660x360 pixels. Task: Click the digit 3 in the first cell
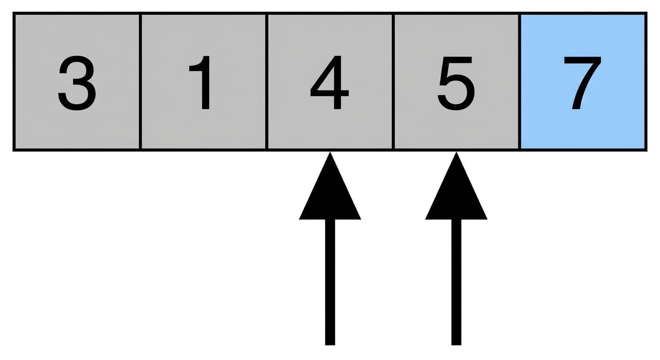point(77,83)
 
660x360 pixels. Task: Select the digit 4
point(330,82)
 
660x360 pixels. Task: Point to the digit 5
point(456,83)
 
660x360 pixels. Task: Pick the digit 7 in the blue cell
point(582,83)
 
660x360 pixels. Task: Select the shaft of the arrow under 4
point(330,282)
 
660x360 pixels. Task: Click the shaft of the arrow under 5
point(456,282)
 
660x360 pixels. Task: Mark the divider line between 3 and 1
point(140,82)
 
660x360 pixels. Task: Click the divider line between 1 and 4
point(267,82)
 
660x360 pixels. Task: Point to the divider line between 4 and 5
point(393,82)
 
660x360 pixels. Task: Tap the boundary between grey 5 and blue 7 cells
point(520,82)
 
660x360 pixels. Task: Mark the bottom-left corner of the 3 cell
point(13,151)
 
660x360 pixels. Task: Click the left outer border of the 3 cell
point(14,82)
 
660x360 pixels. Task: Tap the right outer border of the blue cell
point(646,82)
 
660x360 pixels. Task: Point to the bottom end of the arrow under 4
point(330,345)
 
